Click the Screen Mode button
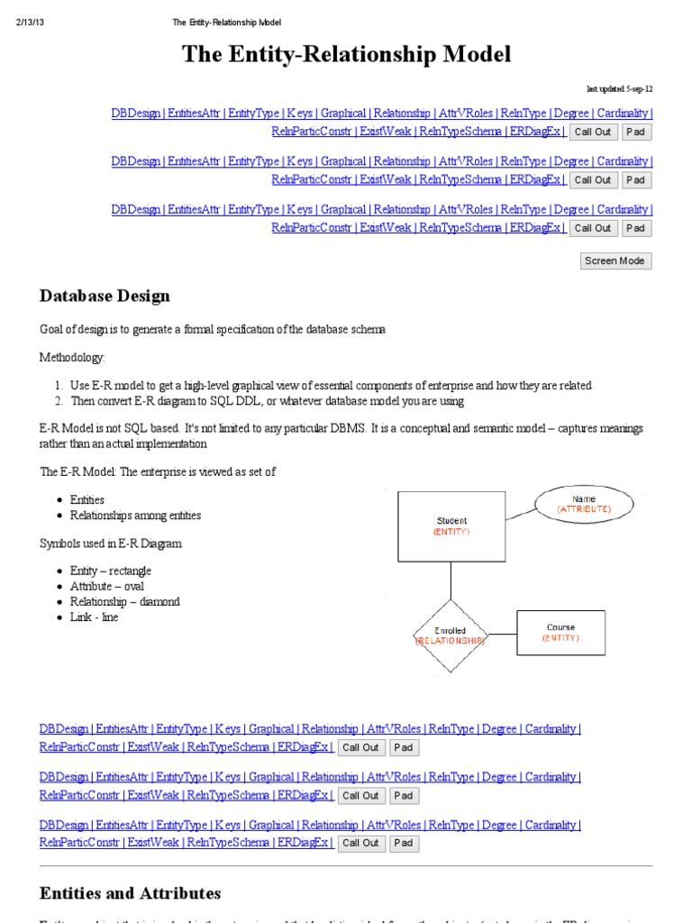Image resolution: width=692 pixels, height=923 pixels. (615, 260)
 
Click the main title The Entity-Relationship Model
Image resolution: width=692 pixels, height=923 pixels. (346, 54)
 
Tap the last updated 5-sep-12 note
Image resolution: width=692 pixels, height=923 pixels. (619, 89)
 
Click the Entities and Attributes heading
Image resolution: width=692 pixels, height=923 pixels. (130, 893)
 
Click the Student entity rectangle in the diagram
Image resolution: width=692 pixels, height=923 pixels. (451, 525)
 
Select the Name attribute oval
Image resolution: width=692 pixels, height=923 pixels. (583, 504)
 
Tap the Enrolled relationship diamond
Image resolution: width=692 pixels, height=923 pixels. (451, 635)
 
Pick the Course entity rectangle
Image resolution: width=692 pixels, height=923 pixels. (560, 632)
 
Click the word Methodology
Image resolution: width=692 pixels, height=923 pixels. (72, 358)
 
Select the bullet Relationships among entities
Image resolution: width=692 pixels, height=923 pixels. (135, 516)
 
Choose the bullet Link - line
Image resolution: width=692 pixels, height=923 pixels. (94, 617)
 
